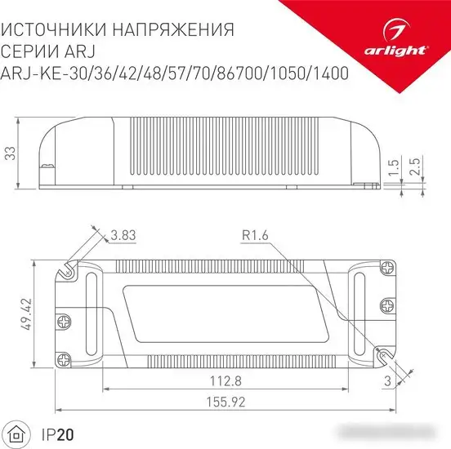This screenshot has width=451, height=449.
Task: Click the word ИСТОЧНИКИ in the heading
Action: click(57, 30)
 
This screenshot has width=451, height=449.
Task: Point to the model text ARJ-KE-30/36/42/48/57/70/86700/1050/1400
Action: click(174, 73)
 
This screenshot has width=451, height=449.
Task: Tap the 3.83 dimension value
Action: click(123, 236)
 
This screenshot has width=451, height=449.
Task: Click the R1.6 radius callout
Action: click(255, 236)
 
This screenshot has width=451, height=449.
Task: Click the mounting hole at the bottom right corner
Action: click(382, 353)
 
